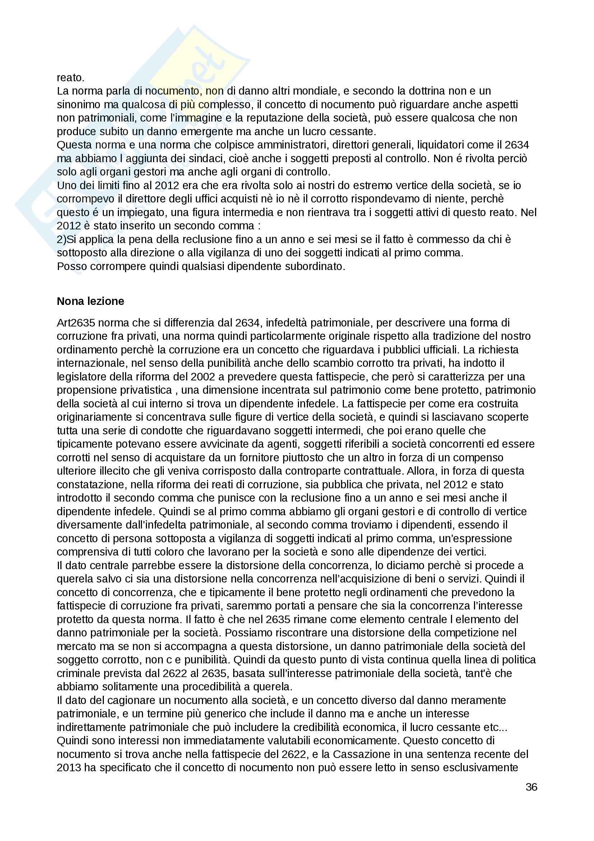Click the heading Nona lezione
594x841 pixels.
click(91, 301)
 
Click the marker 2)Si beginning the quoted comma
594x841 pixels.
click(66, 239)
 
